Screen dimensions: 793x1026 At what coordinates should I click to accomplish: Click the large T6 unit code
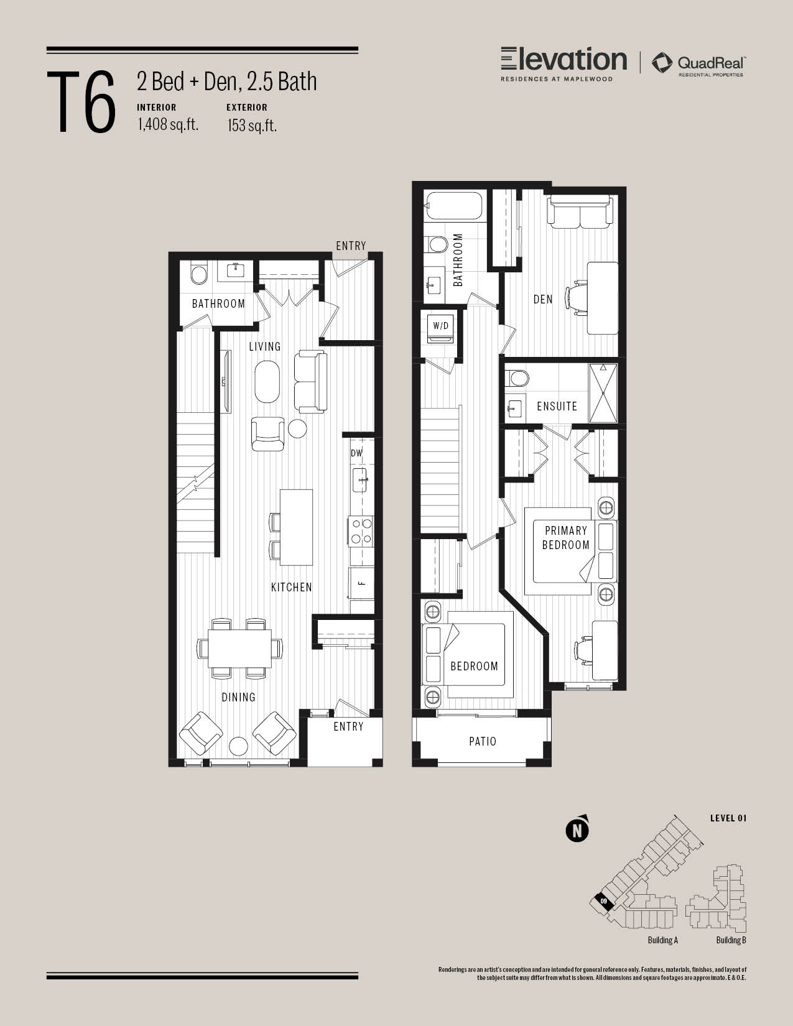pos(81,101)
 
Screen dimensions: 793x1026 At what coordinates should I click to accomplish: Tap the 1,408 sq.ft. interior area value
pos(168,124)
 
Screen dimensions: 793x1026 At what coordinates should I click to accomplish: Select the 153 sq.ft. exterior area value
pos(252,126)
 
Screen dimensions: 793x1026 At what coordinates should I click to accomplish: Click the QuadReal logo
pos(698,64)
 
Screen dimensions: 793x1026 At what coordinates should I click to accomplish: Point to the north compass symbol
pos(577,829)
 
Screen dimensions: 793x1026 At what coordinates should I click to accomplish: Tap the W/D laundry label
pos(441,326)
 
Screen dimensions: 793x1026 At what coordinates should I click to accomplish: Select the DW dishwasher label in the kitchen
pos(356,453)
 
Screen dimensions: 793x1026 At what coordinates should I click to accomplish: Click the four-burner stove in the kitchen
pos(361,530)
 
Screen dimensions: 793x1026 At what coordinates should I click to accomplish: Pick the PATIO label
pos(483,741)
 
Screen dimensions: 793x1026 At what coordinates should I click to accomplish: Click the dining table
pos(240,648)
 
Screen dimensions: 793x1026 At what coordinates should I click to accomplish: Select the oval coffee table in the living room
pos(267,382)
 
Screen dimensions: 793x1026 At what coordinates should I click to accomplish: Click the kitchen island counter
pos(296,527)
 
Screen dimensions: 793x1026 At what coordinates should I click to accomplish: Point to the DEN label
pos(543,299)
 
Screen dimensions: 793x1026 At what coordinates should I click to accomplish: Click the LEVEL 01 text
pos(728,818)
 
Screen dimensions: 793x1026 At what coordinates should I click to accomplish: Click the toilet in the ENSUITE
pos(517,378)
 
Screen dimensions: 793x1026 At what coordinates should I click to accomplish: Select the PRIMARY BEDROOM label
pos(566,538)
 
